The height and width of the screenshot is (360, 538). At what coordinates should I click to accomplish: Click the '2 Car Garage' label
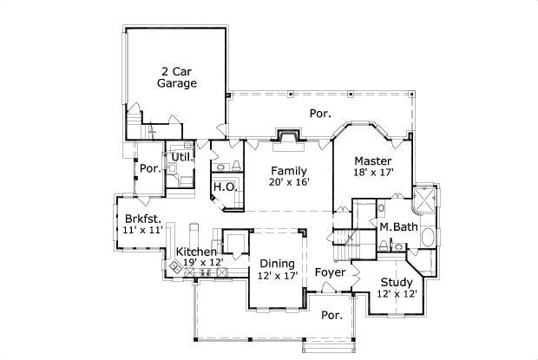pos(176,77)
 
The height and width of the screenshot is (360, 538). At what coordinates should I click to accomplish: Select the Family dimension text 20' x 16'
pos(289,182)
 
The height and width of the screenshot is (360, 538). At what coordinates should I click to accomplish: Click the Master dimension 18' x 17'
pos(374,173)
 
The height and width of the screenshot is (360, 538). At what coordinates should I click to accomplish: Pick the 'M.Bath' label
pos(398,227)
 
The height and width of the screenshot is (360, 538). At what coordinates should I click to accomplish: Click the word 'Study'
pos(397,282)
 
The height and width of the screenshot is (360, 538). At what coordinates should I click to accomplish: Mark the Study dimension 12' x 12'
pos(397,294)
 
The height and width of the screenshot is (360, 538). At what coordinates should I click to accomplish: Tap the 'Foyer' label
pos(330,272)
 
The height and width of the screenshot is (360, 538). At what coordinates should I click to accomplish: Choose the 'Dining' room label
pos(278,264)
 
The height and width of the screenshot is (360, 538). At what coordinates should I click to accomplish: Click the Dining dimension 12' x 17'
pos(278,276)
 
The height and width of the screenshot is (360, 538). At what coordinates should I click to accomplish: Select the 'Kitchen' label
pos(197,252)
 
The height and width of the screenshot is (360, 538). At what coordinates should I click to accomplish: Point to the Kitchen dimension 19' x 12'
pos(203,262)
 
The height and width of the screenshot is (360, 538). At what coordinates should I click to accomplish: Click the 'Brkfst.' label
pos(142,219)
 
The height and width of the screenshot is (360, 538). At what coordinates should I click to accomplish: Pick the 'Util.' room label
pos(181,157)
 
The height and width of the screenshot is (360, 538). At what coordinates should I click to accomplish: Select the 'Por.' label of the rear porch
pos(320,114)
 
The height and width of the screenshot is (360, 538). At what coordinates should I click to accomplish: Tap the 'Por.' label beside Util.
pos(150,168)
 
